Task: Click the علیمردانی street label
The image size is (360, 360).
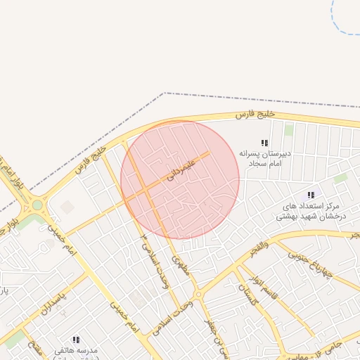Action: (x=181, y=167)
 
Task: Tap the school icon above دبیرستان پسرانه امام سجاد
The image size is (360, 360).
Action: (x=264, y=143)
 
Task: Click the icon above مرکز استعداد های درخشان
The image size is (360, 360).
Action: (x=310, y=195)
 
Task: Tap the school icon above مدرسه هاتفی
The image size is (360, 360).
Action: (x=76, y=340)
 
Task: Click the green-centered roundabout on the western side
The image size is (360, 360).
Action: (x=37, y=205)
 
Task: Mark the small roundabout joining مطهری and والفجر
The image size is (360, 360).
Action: (x=198, y=295)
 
